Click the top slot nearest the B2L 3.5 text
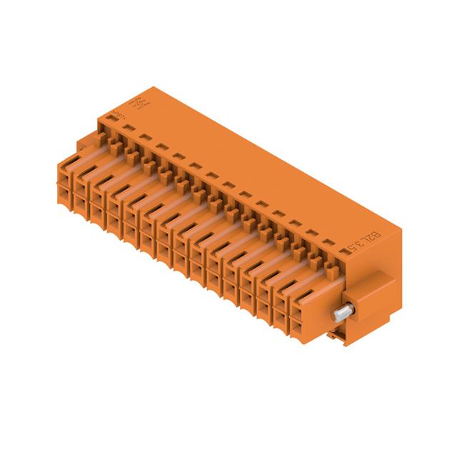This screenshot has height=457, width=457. (327, 243)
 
